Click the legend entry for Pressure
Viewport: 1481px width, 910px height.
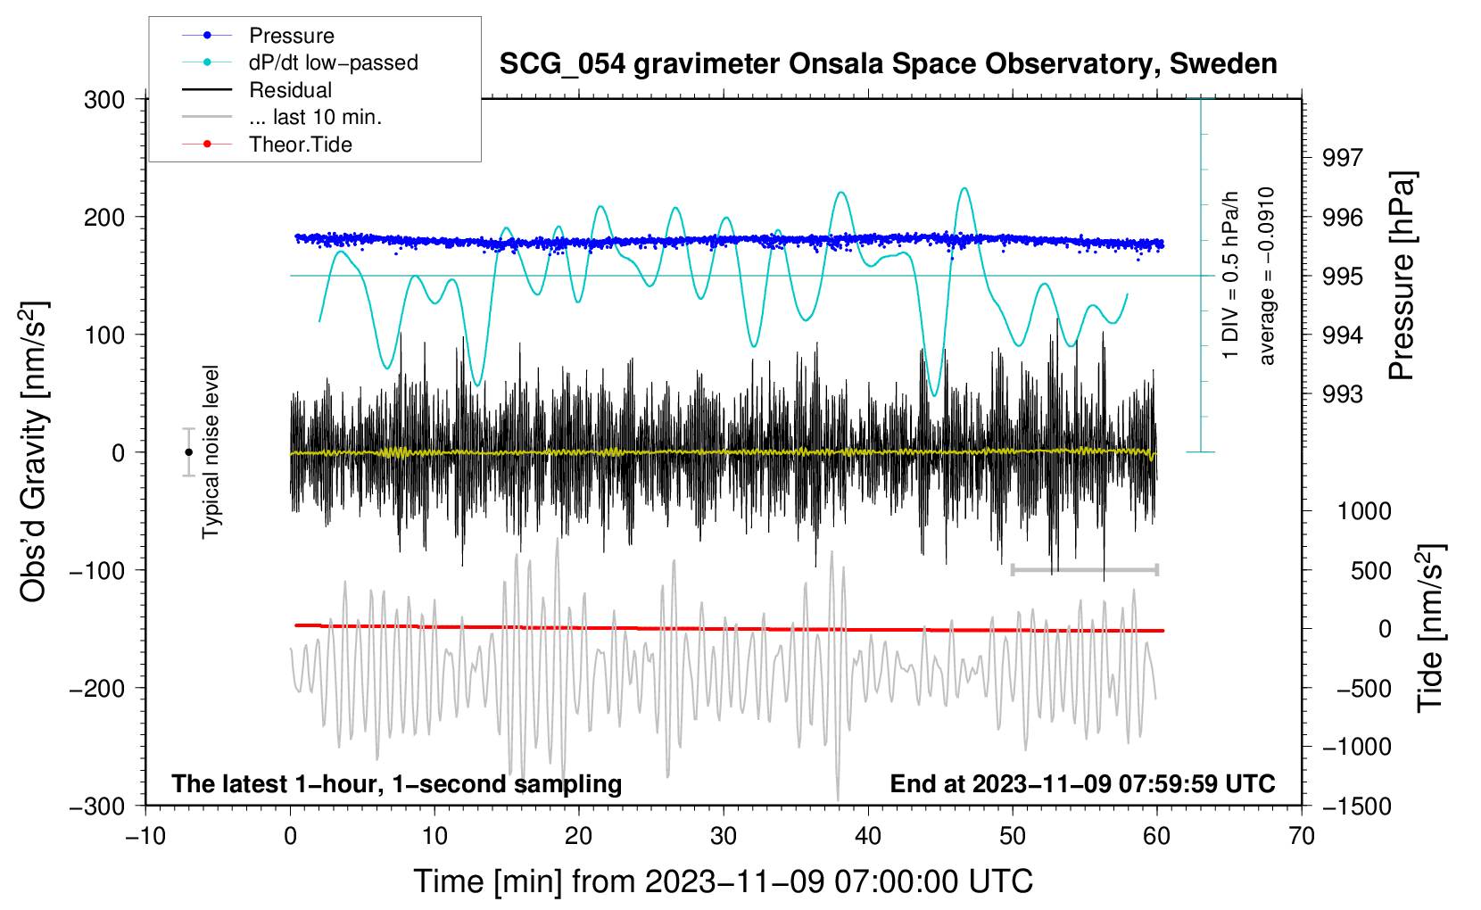(291, 36)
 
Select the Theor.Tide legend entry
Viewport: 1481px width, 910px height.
(300, 145)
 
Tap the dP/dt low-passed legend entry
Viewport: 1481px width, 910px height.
(333, 62)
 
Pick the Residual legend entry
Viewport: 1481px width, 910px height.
(290, 90)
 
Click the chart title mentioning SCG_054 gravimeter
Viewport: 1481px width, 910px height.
(888, 64)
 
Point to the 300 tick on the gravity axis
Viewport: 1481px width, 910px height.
(104, 100)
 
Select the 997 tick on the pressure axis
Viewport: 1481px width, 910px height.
(1343, 158)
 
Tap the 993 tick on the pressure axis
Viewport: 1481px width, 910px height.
(1343, 394)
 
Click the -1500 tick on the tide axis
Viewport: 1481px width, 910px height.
(1356, 806)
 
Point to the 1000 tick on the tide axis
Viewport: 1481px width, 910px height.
(1364, 511)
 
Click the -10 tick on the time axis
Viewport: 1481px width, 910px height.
(145, 836)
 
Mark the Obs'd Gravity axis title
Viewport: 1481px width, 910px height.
(34, 452)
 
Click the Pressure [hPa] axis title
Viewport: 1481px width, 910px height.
(1402, 277)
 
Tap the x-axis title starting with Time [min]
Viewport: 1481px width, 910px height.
(723, 881)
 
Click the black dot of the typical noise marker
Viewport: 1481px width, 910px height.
(189, 452)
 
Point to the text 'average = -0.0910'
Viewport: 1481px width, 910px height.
(1267, 277)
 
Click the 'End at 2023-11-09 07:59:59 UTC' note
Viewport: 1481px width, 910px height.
(1082, 783)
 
